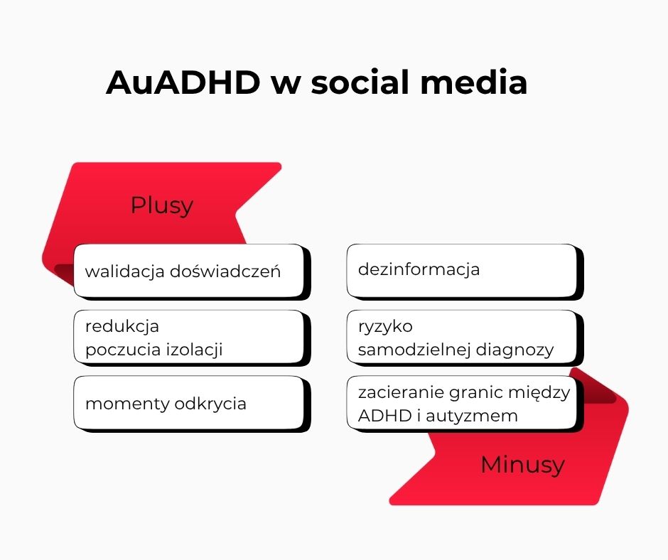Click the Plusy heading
tap(161, 205)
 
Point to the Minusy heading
tap(522, 465)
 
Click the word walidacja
tap(125, 271)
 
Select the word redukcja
tap(122, 326)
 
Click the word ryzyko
tap(385, 327)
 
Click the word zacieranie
tap(399, 392)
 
